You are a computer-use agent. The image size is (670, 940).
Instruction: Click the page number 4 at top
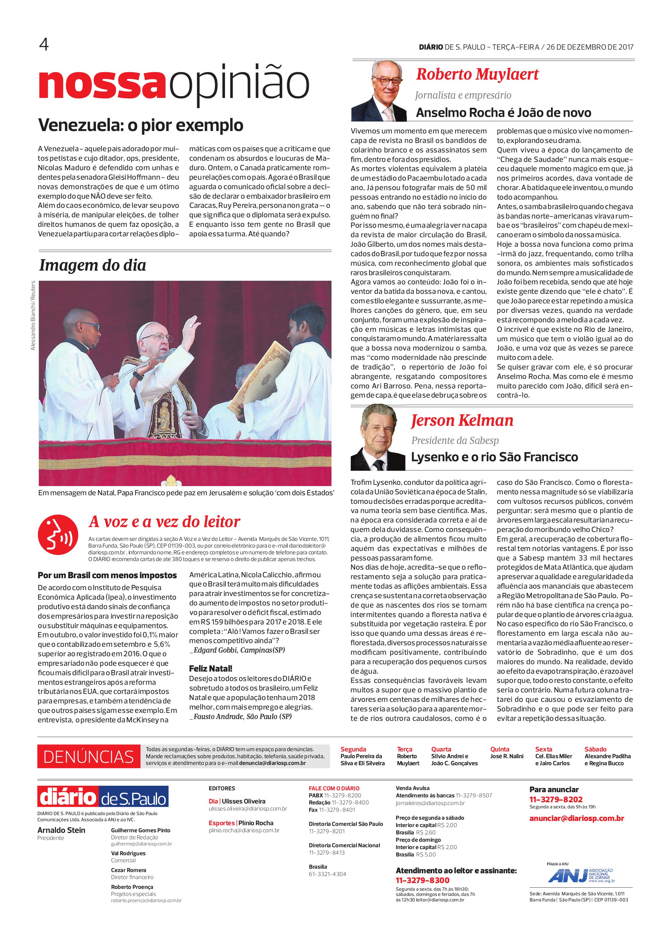pyautogui.click(x=44, y=45)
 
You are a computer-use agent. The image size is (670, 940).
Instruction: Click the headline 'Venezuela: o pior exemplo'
pyautogui.click(x=141, y=125)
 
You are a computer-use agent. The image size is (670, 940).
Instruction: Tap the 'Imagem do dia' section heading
pyautogui.click(x=92, y=265)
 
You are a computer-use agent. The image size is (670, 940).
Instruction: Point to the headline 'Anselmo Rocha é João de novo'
pyautogui.click(x=503, y=112)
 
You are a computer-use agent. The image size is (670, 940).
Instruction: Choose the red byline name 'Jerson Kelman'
pyautogui.click(x=462, y=421)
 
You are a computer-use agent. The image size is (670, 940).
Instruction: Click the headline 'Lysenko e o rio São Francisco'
pyautogui.click(x=494, y=457)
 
